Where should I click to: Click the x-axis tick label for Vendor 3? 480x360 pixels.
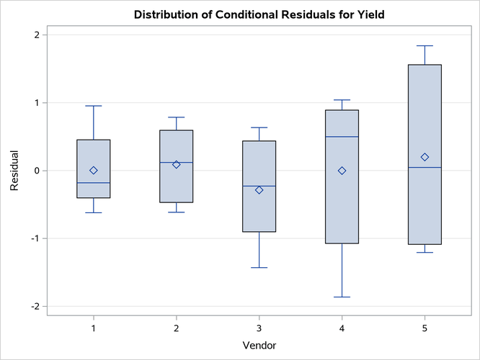(259, 328)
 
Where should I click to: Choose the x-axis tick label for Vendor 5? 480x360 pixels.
(425, 328)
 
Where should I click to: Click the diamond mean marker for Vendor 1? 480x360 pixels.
(94, 170)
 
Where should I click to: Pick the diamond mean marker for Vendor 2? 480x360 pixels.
(176, 164)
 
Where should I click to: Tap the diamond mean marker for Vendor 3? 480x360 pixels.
(259, 190)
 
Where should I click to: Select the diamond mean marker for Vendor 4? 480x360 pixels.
(342, 171)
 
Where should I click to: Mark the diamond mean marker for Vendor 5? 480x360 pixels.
(425, 157)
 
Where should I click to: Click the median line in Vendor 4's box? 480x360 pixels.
(342, 137)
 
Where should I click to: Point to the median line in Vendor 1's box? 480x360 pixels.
(94, 183)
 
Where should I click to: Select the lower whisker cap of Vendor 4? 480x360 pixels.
(342, 297)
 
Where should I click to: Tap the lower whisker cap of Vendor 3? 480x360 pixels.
(259, 268)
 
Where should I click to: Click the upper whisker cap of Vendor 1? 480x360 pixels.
(94, 106)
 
